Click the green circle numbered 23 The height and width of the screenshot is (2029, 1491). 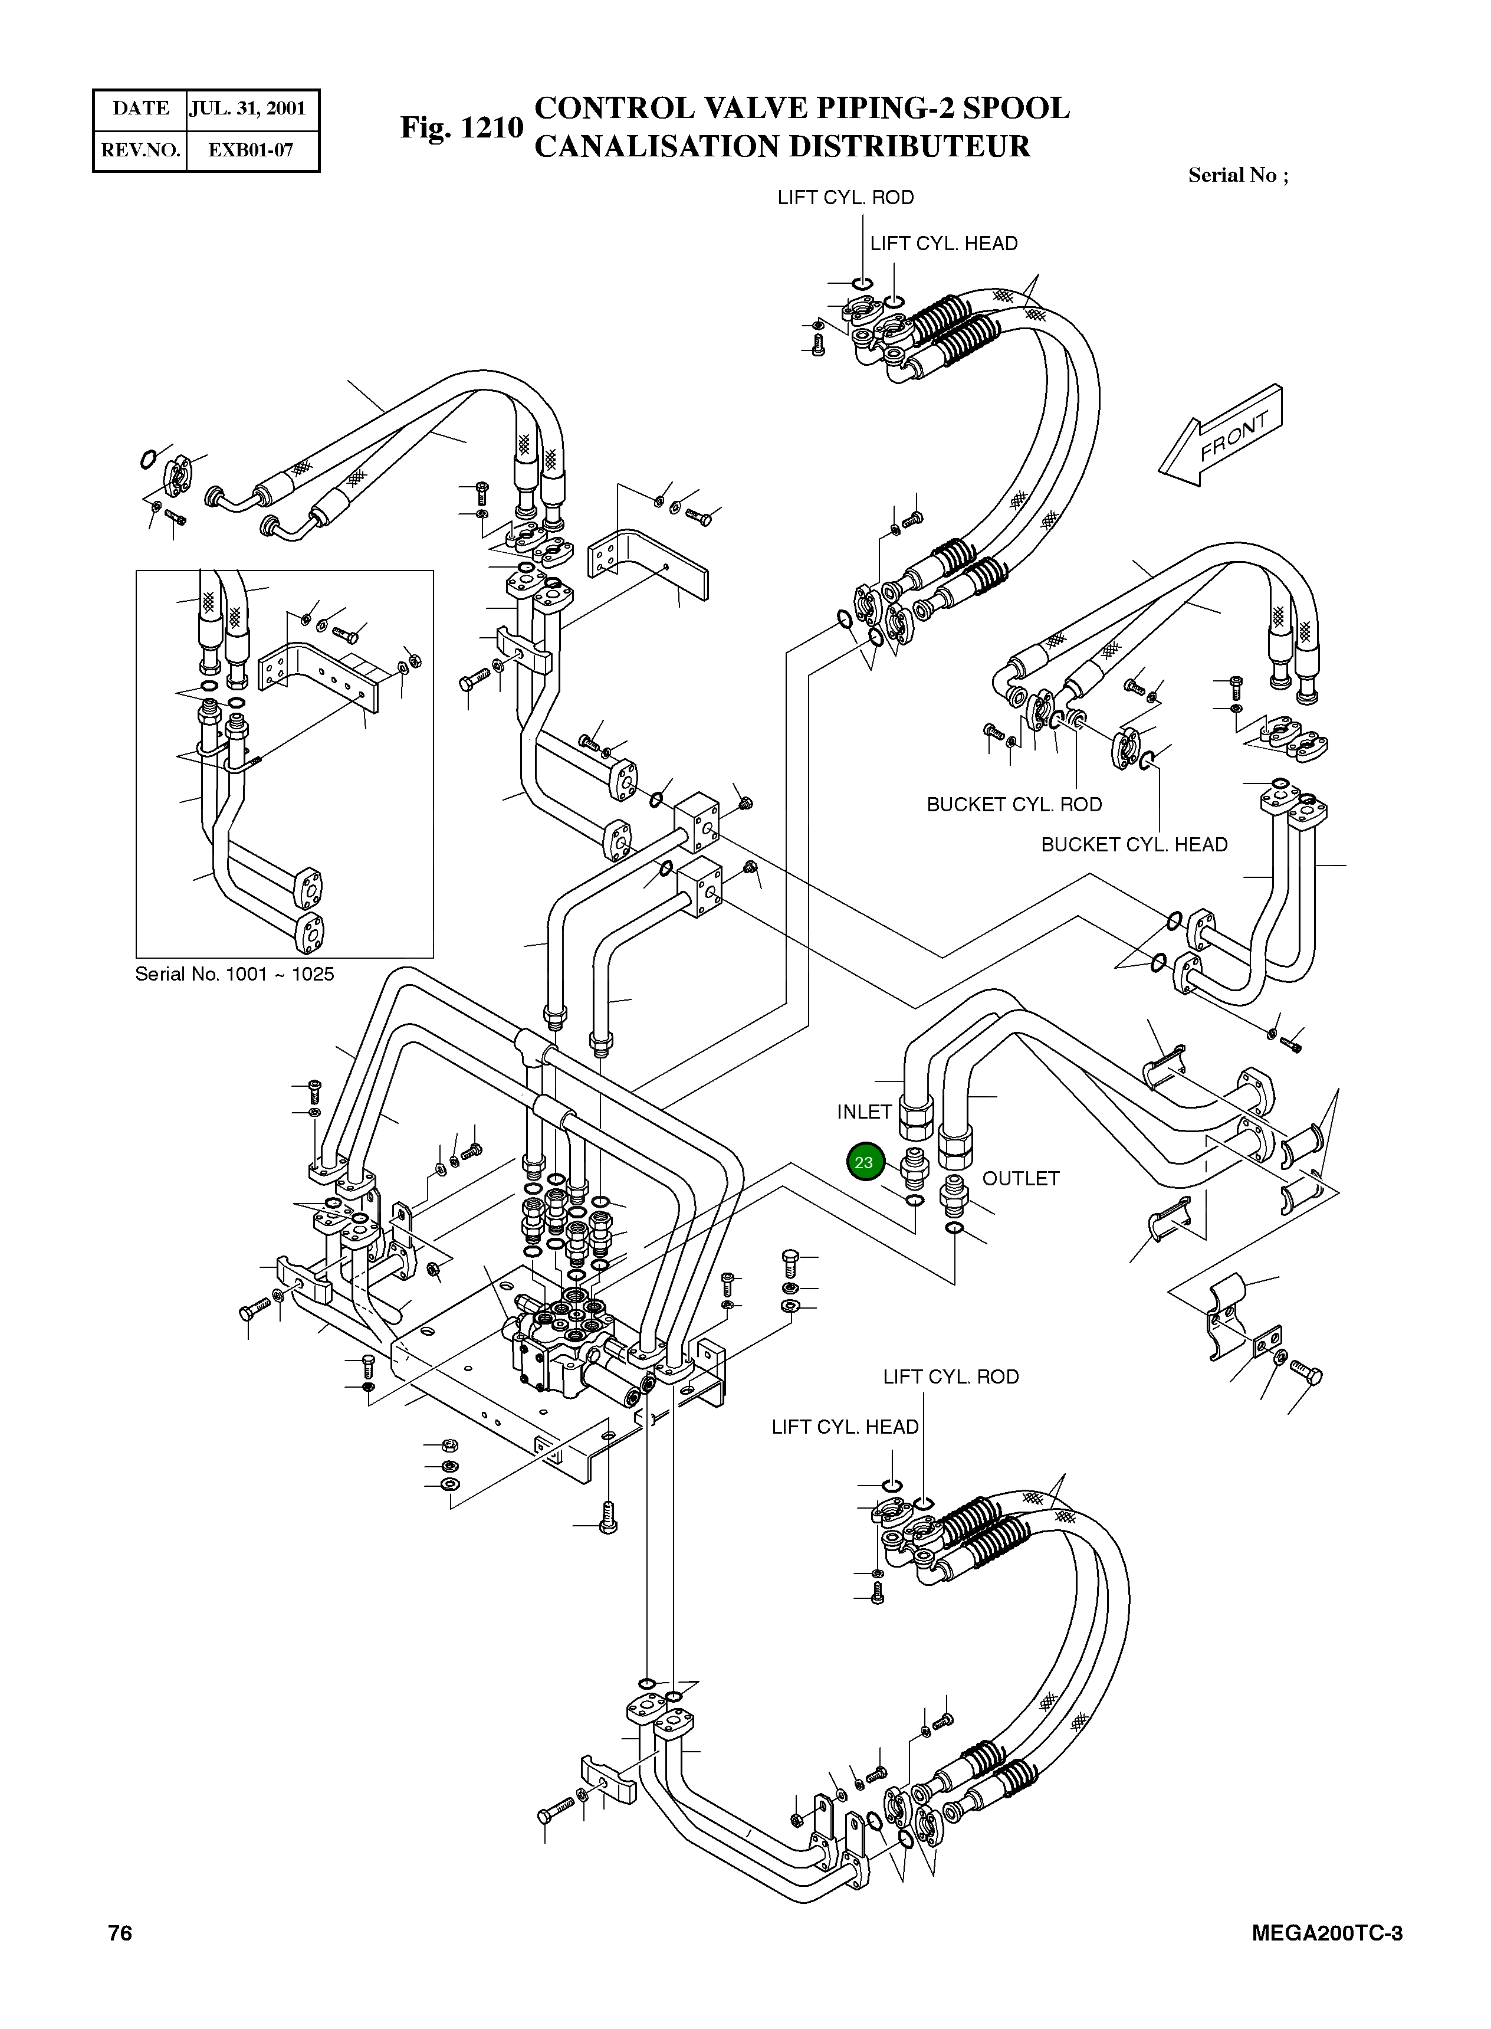863,1162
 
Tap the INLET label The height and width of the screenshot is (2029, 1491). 863,1112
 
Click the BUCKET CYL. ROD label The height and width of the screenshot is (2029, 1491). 1014,804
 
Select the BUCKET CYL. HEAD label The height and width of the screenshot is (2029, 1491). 1135,845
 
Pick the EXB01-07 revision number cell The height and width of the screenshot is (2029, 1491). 251,150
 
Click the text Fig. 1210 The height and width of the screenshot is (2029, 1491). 461,127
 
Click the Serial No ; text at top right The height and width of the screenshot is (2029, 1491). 1237,175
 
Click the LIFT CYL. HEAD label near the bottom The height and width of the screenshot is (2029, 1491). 845,1427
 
